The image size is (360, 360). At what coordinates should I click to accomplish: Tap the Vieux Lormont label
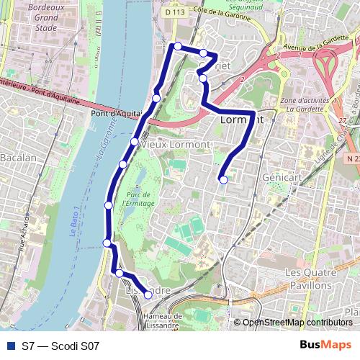click(x=176, y=145)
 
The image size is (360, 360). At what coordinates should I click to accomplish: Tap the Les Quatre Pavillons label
click(x=312, y=279)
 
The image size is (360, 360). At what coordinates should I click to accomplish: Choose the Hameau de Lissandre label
click(x=162, y=320)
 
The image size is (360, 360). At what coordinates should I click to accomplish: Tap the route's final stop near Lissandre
click(x=148, y=294)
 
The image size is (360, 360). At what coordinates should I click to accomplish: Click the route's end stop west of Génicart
click(x=224, y=179)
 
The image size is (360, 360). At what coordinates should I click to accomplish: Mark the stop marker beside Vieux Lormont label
click(x=135, y=141)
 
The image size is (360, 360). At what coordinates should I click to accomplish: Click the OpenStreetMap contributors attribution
click(x=297, y=323)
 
